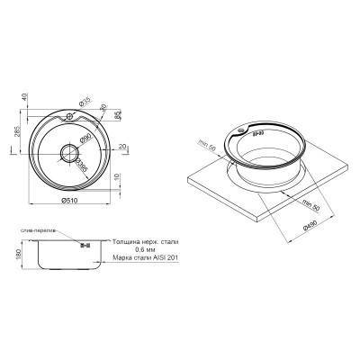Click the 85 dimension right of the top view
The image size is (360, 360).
click(120, 115)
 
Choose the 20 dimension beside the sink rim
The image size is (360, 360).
click(121, 146)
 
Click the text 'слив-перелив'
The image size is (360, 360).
click(40, 230)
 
